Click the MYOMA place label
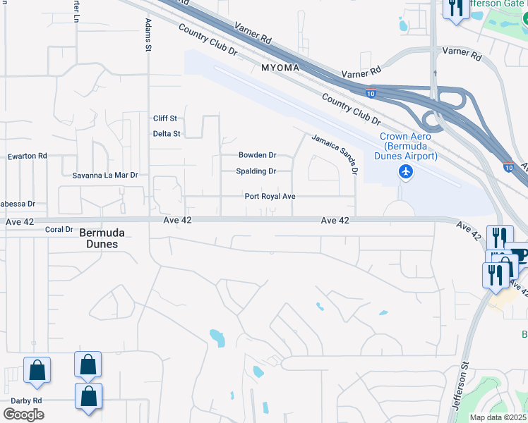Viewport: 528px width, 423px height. pyautogui.click(x=280, y=68)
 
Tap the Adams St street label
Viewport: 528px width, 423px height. pyautogui.click(x=148, y=35)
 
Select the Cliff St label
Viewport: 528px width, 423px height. pyautogui.click(x=165, y=118)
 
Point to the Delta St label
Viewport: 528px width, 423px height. pyautogui.click(x=167, y=133)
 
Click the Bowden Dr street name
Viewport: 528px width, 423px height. pyautogui.click(x=257, y=155)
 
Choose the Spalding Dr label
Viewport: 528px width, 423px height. pyautogui.click(x=256, y=171)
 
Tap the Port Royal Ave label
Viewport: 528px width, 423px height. pyautogui.click(x=270, y=197)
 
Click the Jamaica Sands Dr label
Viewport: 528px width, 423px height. pyautogui.click(x=335, y=153)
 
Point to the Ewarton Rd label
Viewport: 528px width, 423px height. pyautogui.click(x=27, y=156)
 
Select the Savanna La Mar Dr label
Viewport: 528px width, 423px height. pyautogui.click(x=105, y=174)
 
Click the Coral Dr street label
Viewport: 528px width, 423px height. pyautogui.click(x=59, y=229)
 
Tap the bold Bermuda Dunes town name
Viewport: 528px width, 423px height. pyautogui.click(x=98, y=238)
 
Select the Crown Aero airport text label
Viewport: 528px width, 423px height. pyautogui.click(x=409, y=146)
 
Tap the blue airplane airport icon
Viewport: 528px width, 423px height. pyautogui.click(x=405, y=171)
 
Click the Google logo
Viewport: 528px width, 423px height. pyautogui.click(x=23, y=414)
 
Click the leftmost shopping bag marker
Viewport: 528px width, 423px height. pyautogui.click(x=37, y=369)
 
